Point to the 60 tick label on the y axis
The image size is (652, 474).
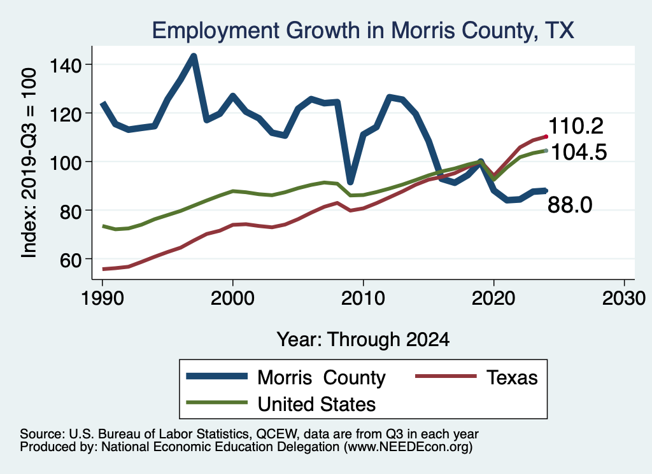66,259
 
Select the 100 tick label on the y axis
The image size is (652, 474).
61,162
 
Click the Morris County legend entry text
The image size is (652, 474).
321,378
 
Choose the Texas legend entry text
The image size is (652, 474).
512,378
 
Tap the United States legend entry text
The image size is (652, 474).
316,403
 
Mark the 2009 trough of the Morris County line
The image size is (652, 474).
350,181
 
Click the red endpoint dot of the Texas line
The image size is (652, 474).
546,136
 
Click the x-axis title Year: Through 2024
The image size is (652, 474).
363,339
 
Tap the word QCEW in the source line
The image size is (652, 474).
274,434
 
